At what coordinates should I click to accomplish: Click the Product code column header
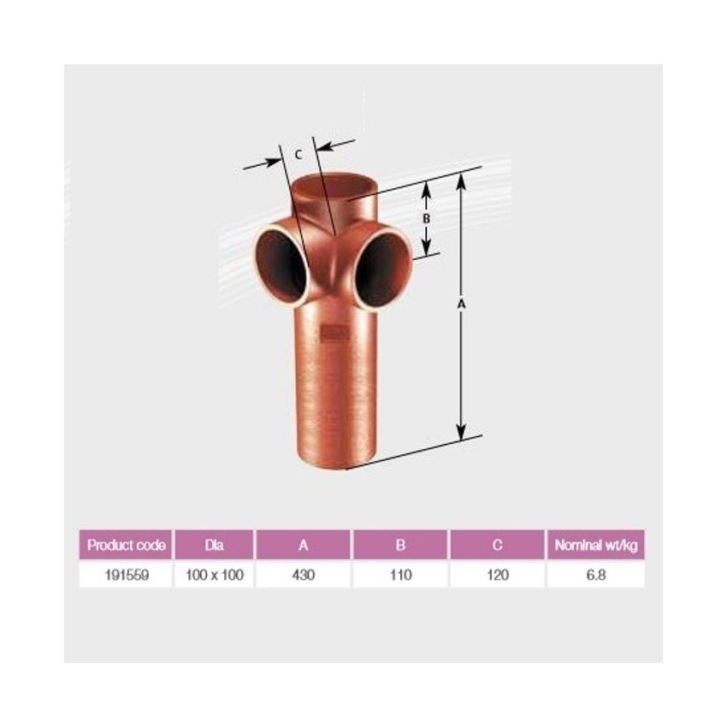point(126,545)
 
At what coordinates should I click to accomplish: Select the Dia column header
point(214,545)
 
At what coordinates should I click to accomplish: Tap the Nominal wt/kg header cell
point(596,545)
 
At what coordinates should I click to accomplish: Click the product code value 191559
point(127,575)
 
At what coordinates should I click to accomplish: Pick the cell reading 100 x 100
point(214,575)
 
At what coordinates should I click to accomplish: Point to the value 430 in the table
point(304,575)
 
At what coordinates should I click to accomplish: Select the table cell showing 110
point(400,575)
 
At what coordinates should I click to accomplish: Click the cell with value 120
point(498,575)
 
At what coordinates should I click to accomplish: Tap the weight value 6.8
point(596,575)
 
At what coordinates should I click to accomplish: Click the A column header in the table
point(304,545)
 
